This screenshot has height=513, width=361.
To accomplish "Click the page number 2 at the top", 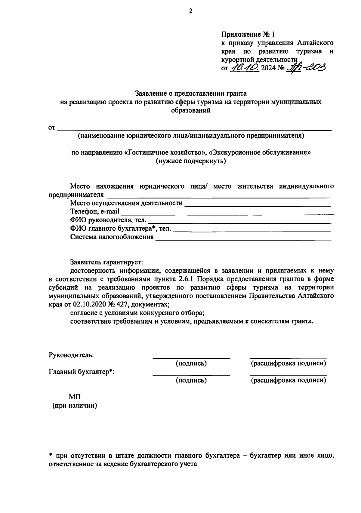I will [x=190, y=11].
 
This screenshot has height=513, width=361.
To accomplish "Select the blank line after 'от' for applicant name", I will [x=194, y=129].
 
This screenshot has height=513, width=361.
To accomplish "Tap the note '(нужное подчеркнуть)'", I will [x=191, y=161].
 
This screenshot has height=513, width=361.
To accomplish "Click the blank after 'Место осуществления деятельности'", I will [x=258, y=204].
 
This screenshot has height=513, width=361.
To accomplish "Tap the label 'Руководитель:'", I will [x=71, y=355].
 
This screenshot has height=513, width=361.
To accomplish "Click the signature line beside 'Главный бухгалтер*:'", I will [x=191, y=374].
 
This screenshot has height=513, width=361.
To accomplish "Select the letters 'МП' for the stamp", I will [x=75, y=397].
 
